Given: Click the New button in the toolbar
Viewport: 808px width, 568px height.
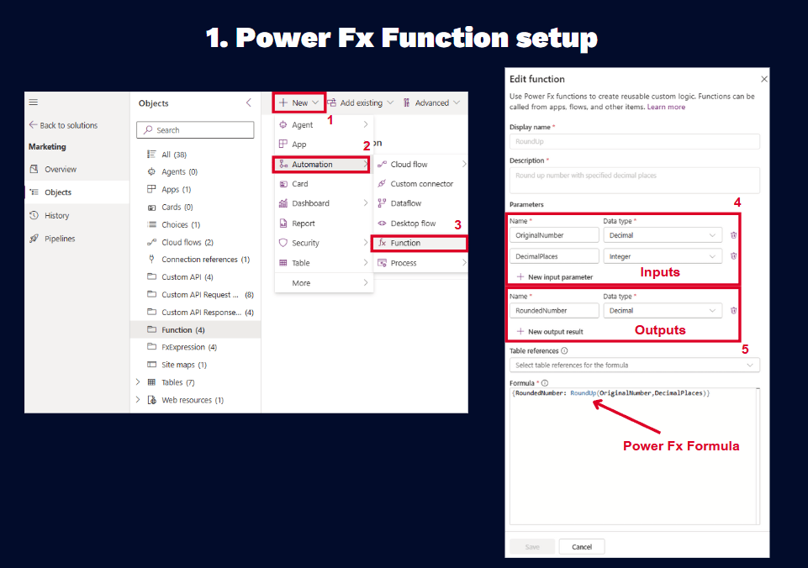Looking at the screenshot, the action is coord(298,103).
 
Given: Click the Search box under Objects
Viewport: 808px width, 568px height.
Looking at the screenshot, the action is coord(195,129).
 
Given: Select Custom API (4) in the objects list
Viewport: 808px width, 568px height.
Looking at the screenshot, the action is coord(187,277).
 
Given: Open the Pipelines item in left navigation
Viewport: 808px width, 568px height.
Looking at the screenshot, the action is coord(59,239).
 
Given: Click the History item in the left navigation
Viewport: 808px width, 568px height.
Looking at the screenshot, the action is coord(56,215).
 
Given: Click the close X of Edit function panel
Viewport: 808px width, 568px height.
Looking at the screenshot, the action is coord(764,79).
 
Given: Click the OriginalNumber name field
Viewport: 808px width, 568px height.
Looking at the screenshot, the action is coord(554,235).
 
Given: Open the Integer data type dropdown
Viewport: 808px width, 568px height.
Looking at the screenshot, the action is coord(663,256).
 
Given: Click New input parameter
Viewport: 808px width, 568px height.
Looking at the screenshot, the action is coord(555,277).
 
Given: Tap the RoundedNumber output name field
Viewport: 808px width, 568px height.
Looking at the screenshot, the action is coord(554,311).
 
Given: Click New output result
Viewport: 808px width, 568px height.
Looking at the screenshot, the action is coord(550,332).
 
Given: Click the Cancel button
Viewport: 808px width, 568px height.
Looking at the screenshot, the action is coord(582,547).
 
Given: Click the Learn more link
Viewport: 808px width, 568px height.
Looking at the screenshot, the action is coord(666,107).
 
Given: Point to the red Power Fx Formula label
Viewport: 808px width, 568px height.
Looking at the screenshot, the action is coord(681,446).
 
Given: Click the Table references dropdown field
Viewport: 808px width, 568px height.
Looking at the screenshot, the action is coord(634,366).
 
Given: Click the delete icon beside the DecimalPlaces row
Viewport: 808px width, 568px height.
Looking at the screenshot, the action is coord(734,256).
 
